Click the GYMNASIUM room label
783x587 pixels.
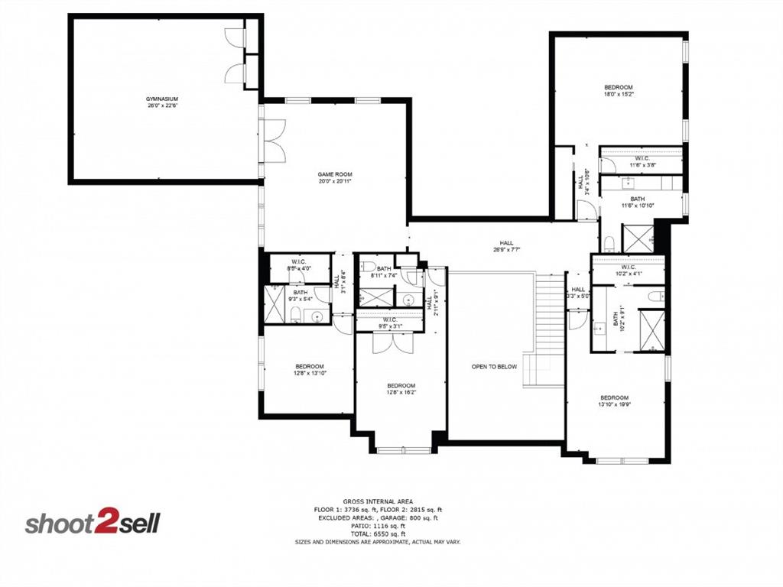pos(162,102)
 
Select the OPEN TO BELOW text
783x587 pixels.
pos(494,367)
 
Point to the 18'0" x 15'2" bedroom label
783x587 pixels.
pos(619,91)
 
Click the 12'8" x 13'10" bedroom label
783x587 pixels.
pos(310,370)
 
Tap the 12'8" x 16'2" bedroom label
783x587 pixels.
pos(401,388)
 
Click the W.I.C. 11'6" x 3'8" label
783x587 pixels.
pos(642,161)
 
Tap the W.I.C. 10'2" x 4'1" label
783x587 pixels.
pos(629,270)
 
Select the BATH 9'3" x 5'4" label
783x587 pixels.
pos(299,295)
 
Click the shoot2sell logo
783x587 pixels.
pos(93,524)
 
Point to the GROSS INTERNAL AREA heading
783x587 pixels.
pos(378,502)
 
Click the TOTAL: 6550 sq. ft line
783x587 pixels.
pos(378,533)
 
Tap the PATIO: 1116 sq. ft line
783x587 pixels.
pos(378,526)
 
